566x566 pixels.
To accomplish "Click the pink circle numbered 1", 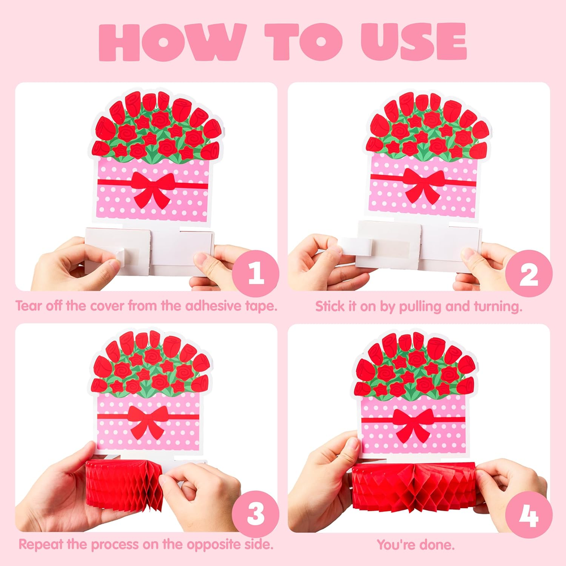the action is pyautogui.click(x=256, y=273).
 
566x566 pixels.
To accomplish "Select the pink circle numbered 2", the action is pyautogui.click(x=529, y=273).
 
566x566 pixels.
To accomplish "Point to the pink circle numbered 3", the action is pyautogui.click(x=256, y=514).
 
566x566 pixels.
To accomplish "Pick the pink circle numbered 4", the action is pyautogui.click(x=529, y=514).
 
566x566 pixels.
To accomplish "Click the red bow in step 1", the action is pyautogui.click(x=153, y=188).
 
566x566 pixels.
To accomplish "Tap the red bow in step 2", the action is pyautogui.click(x=424, y=185).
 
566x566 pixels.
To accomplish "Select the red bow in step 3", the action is pyautogui.click(x=148, y=421).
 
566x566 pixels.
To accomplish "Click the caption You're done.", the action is pyautogui.click(x=415, y=544).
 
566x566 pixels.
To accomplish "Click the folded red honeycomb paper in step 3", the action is pyautogui.click(x=124, y=484).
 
